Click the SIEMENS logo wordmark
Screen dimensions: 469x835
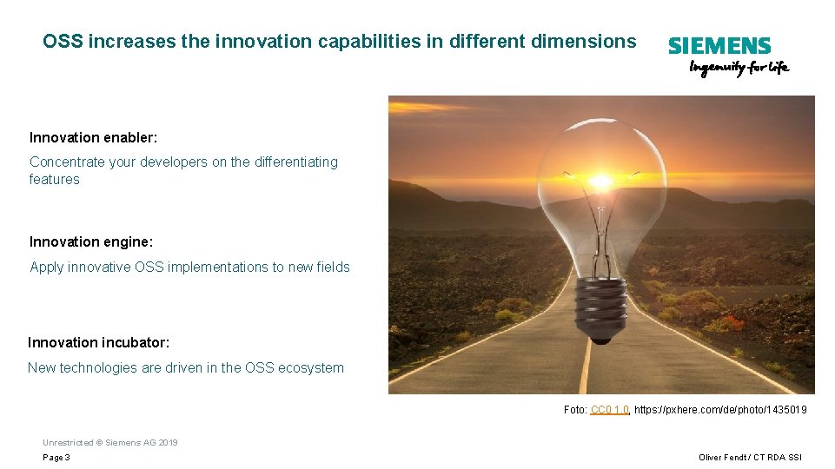pyautogui.click(x=719, y=46)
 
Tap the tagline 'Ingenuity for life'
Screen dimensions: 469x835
pyautogui.click(x=739, y=68)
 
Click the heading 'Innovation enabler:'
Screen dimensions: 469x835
pyautogui.click(x=93, y=137)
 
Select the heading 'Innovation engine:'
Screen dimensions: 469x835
pyautogui.click(x=90, y=241)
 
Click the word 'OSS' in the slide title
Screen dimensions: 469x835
pyautogui.click(x=63, y=41)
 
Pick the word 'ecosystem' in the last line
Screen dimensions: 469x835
pyautogui.click(x=310, y=367)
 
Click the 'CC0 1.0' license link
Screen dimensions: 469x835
pyautogui.click(x=609, y=409)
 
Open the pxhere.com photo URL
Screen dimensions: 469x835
pyautogui.click(x=720, y=409)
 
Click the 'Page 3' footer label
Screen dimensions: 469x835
pyautogui.click(x=56, y=458)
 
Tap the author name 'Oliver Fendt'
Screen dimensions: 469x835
pyautogui.click(x=723, y=458)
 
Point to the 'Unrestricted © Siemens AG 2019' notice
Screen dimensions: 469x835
pyautogui.click(x=110, y=442)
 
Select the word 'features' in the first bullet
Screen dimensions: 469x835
pyautogui.click(x=55, y=179)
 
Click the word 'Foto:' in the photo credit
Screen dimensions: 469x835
pyautogui.click(x=575, y=409)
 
